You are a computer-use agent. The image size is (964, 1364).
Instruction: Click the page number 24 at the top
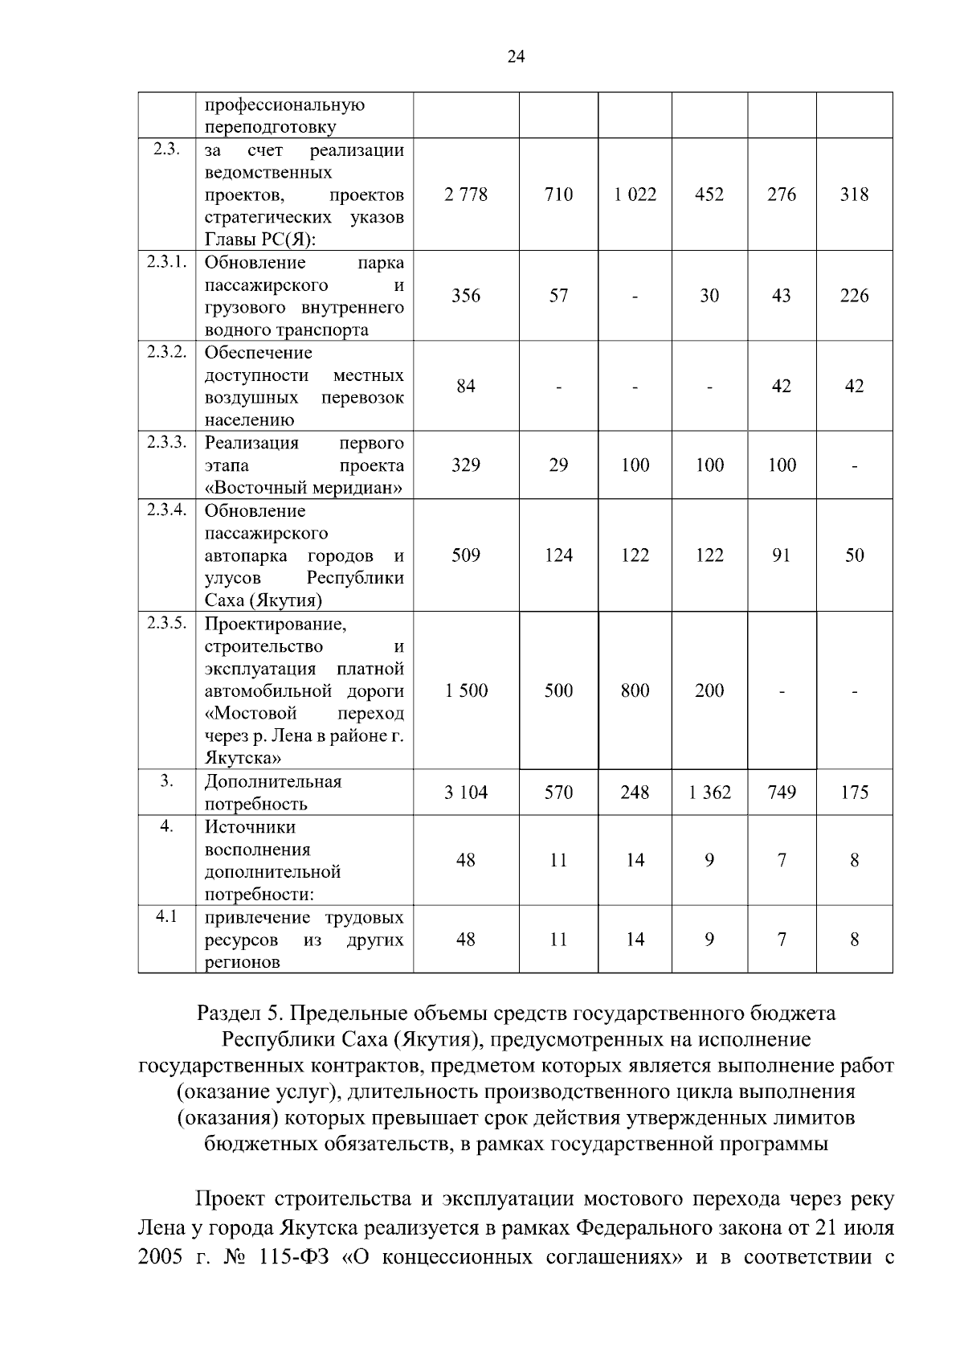click(516, 55)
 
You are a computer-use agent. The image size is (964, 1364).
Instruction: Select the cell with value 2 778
click(466, 195)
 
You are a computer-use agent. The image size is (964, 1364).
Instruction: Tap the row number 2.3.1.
click(166, 262)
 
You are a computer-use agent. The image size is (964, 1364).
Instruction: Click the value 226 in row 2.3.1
click(854, 296)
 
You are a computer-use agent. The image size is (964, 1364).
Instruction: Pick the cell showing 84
click(466, 386)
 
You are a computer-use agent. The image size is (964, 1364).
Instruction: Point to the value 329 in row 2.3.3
click(466, 465)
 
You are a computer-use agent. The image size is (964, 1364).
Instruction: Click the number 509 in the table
click(466, 555)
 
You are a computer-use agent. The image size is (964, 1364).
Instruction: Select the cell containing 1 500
click(466, 690)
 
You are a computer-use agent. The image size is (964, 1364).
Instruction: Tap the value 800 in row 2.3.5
click(635, 690)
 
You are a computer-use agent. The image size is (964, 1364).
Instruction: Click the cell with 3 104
click(466, 793)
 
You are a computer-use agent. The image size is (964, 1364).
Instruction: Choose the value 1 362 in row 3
click(709, 793)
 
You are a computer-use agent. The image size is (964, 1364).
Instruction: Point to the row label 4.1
click(166, 916)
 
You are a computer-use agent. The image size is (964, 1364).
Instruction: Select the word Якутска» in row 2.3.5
click(243, 758)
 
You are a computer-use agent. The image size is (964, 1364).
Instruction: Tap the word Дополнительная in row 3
click(273, 781)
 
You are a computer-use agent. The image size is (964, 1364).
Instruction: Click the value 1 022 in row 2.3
click(635, 195)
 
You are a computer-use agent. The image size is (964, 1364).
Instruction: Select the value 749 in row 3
click(782, 793)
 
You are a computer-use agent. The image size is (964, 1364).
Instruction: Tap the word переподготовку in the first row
click(270, 127)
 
